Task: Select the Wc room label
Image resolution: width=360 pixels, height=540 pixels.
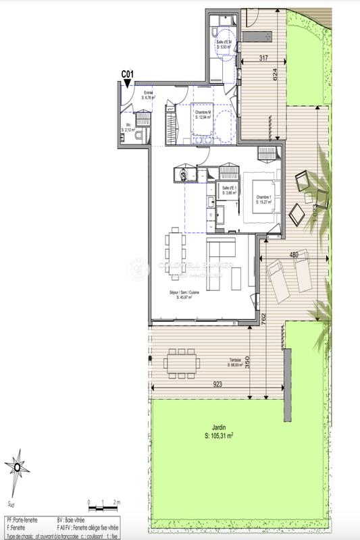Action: coord(128,127)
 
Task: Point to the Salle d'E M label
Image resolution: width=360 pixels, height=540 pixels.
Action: coord(224,43)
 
